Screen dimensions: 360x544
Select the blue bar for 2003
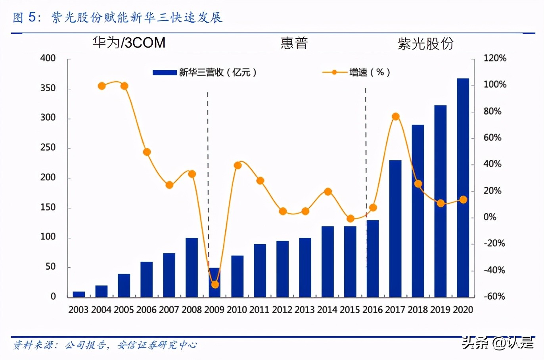coord(79,294)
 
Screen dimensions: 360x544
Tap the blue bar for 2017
coord(395,228)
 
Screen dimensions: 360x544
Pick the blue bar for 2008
coord(192,267)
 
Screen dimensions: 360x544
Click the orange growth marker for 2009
coord(215,284)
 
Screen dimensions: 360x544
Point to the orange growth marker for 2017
coord(395,117)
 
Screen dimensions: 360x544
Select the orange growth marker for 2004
coord(102,86)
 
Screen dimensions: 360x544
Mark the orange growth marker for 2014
coord(328,192)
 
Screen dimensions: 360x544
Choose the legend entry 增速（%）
coord(357,73)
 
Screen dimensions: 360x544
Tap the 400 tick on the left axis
coord(48,58)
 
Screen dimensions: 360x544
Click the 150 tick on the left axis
coord(48,207)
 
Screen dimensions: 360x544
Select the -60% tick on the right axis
coord(494,296)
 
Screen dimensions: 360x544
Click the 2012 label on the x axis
coord(282,310)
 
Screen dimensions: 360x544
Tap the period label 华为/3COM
coord(129,43)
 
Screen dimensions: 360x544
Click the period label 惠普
coord(294,43)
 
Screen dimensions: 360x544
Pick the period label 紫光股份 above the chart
coord(425,44)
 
